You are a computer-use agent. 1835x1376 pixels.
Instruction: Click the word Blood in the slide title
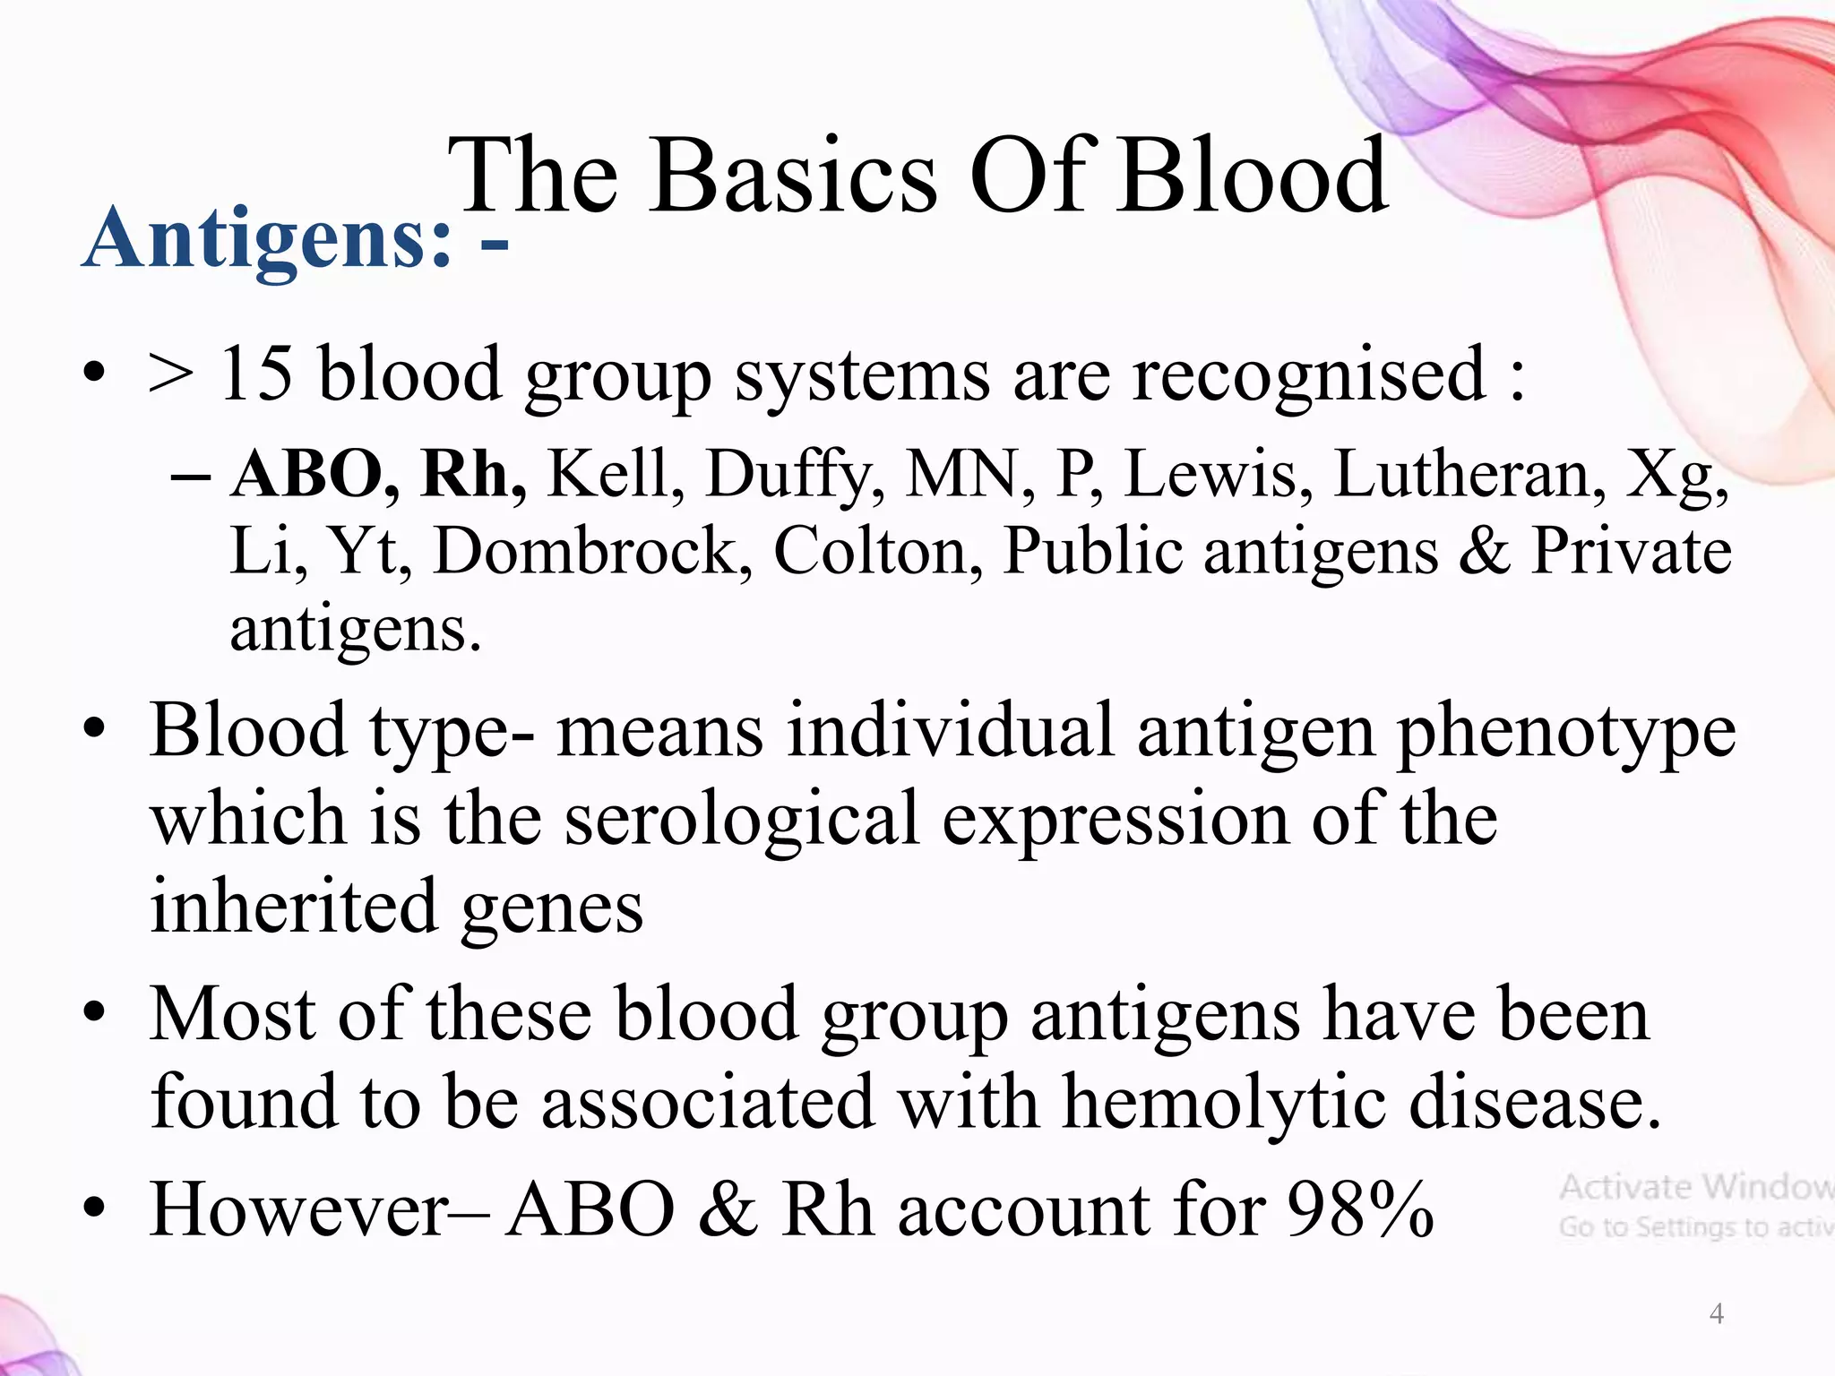pyautogui.click(x=1254, y=176)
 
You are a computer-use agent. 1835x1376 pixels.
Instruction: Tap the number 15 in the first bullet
pyautogui.click(x=257, y=374)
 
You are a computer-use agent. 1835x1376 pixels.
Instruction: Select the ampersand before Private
pyautogui.click(x=1484, y=551)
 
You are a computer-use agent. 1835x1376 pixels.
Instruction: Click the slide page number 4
pyautogui.click(x=1716, y=1313)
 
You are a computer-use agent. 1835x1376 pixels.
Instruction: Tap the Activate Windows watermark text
pyautogui.click(x=1693, y=1188)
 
